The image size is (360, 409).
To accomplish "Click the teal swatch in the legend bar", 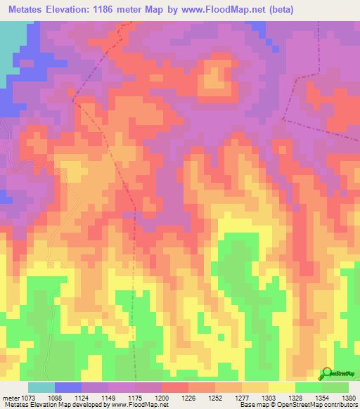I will (x=41, y=387).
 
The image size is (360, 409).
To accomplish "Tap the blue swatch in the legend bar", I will (x=67, y=387).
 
